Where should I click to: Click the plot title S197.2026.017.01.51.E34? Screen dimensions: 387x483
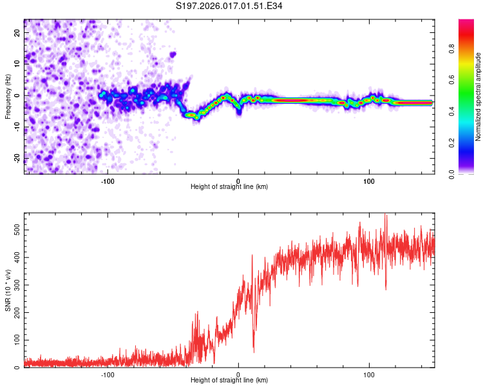point(229,6)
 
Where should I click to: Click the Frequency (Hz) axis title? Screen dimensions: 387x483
point(8,95)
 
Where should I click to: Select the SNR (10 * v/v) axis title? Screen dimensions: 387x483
point(8,290)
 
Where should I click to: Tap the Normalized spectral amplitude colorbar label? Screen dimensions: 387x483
point(478,97)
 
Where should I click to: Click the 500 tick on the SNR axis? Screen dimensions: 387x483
point(15,229)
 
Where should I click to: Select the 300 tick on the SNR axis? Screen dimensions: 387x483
point(15,284)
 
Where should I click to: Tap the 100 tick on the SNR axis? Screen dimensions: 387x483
point(15,340)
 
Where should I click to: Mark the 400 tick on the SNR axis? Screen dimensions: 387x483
point(15,257)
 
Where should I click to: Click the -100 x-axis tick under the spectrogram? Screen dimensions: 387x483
point(108,181)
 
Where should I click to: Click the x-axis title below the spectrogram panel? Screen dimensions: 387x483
point(229,187)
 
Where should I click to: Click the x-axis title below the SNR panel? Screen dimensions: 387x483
point(229,381)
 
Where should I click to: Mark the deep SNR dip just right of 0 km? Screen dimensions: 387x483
point(253,352)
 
